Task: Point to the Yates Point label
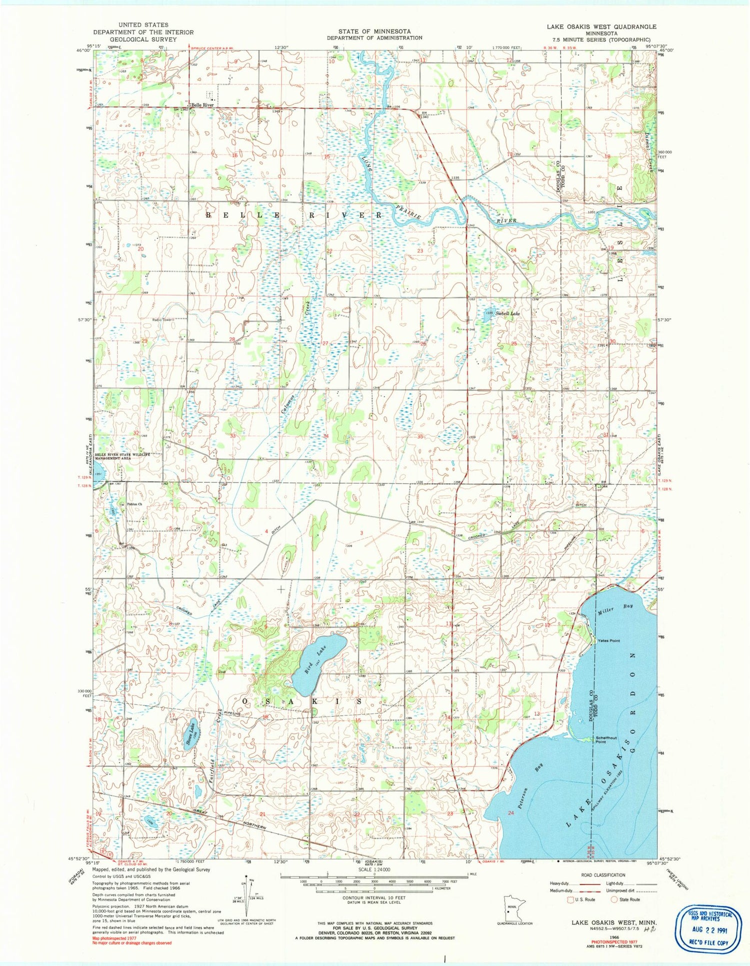(x=608, y=640)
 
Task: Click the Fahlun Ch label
(x=134, y=504)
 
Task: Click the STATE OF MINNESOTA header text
(x=374, y=31)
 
